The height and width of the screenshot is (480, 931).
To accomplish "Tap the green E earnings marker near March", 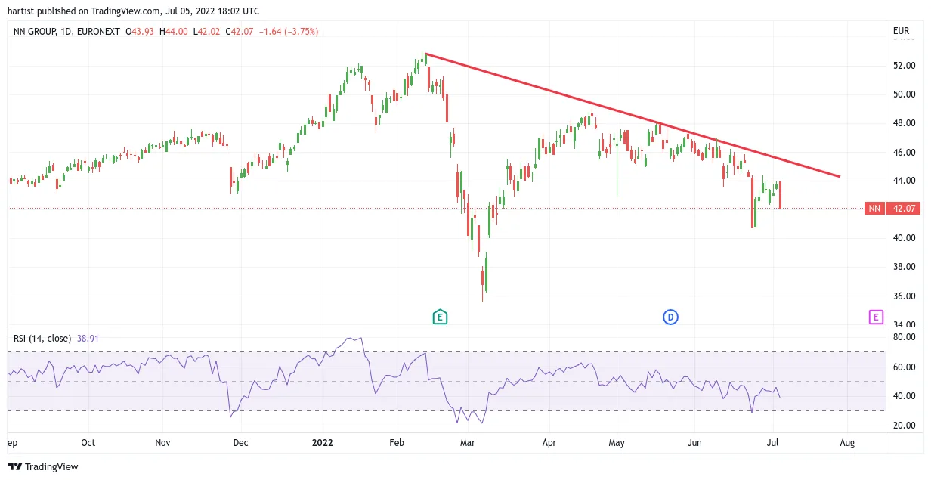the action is coord(440,317).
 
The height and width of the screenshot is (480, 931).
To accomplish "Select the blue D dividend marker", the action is coord(670,317).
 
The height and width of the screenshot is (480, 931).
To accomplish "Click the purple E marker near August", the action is coord(876,317).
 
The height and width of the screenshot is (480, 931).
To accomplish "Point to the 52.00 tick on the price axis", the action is coord(904,66).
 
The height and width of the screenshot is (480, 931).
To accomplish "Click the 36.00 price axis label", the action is coord(904,296).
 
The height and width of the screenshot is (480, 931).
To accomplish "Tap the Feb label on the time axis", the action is coord(397,443).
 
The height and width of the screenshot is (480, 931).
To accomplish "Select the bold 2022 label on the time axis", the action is coord(323,443).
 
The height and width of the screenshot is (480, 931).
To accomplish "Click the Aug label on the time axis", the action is coord(847,443).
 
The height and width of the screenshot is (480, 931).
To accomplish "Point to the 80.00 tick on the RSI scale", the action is coord(904,337).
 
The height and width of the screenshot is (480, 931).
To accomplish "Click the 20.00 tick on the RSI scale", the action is coord(904,425).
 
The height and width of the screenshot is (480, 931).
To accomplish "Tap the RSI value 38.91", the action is coord(88,339).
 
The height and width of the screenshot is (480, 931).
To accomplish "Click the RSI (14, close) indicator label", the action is coord(42,339).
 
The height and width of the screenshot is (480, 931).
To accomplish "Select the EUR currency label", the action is coord(901,31).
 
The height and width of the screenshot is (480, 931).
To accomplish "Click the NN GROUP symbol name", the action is coord(35,32).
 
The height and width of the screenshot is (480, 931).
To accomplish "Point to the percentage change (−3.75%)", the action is coord(302,32).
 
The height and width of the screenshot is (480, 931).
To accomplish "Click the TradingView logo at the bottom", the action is coord(43,466).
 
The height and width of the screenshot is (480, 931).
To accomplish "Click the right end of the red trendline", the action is coord(840,177).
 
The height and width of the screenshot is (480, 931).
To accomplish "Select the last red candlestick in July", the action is coord(780,194).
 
